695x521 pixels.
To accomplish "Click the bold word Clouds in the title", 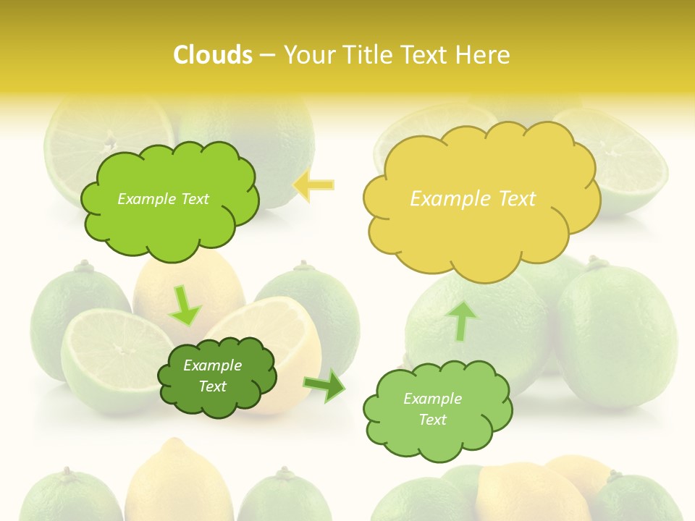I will (212, 55).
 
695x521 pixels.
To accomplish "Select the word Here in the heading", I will (484, 55).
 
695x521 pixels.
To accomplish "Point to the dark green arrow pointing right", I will (325, 385).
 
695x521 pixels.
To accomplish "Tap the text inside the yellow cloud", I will (473, 199).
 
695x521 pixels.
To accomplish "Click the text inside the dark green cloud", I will (213, 376).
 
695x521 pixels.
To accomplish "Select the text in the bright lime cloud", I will (163, 199).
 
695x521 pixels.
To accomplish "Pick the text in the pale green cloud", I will (432, 409).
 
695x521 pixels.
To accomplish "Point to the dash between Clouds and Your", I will (267, 55).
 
